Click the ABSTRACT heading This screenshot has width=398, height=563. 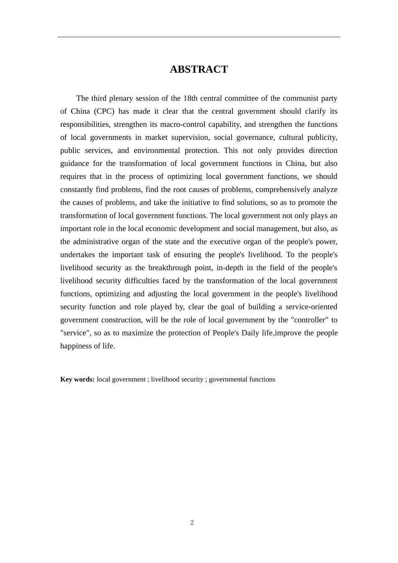pos(199,70)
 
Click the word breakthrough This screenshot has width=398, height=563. pos(169,268)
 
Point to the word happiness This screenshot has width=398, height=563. pos(76,346)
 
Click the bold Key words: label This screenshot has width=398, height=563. pos(77,380)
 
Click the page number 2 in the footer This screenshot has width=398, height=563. pos(192,522)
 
